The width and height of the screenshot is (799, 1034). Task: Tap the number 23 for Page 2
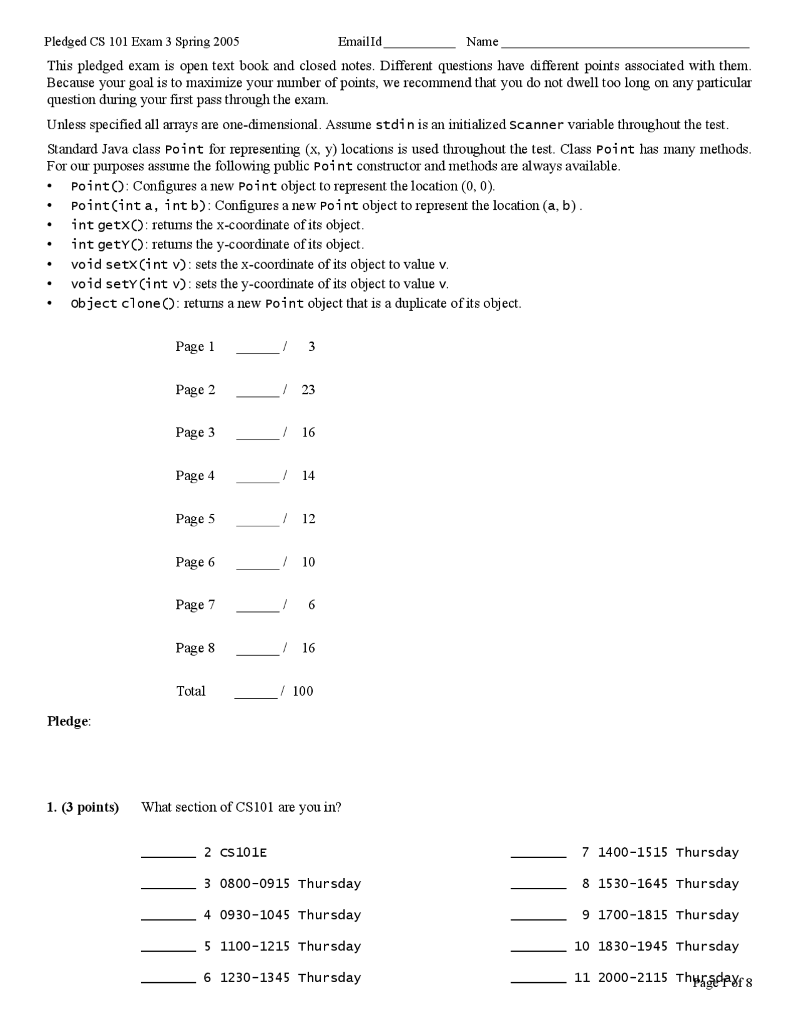[308, 390]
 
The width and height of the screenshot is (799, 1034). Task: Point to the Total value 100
[303, 691]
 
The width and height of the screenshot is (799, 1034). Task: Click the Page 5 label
[195, 519]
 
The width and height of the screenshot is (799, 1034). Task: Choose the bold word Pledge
[67, 722]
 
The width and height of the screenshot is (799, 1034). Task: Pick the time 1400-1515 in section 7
[632, 852]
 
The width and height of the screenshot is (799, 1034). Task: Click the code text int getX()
[107, 225]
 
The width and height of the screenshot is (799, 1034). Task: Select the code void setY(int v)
[129, 284]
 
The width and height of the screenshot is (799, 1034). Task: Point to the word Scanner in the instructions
[536, 125]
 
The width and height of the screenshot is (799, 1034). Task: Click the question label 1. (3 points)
[83, 807]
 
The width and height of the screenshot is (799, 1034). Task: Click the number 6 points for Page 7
[311, 605]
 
